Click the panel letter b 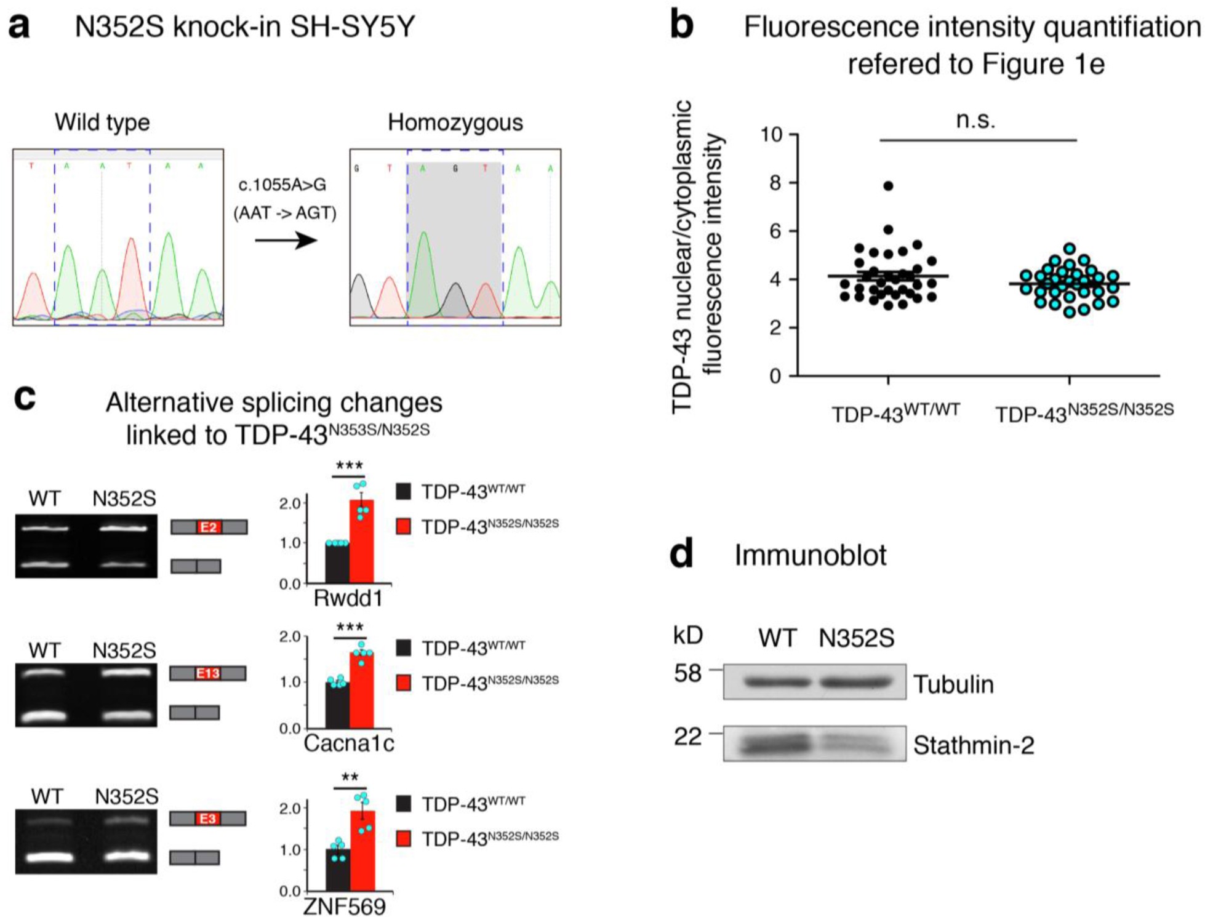click(x=682, y=26)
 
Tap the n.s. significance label click(x=975, y=119)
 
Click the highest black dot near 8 click(x=888, y=186)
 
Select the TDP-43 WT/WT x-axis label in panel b click(x=895, y=413)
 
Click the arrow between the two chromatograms click(x=286, y=240)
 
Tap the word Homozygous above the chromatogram click(x=455, y=122)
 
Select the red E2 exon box click(x=209, y=527)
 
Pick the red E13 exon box click(x=207, y=673)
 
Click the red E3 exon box click(x=207, y=819)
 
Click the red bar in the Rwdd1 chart click(x=361, y=542)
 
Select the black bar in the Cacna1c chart click(x=337, y=705)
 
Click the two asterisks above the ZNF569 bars click(x=350, y=777)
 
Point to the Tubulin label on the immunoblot click(x=953, y=684)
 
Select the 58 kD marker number click(x=687, y=673)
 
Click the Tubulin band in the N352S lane click(x=856, y=682)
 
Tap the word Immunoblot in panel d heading click(x=810, y=555)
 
